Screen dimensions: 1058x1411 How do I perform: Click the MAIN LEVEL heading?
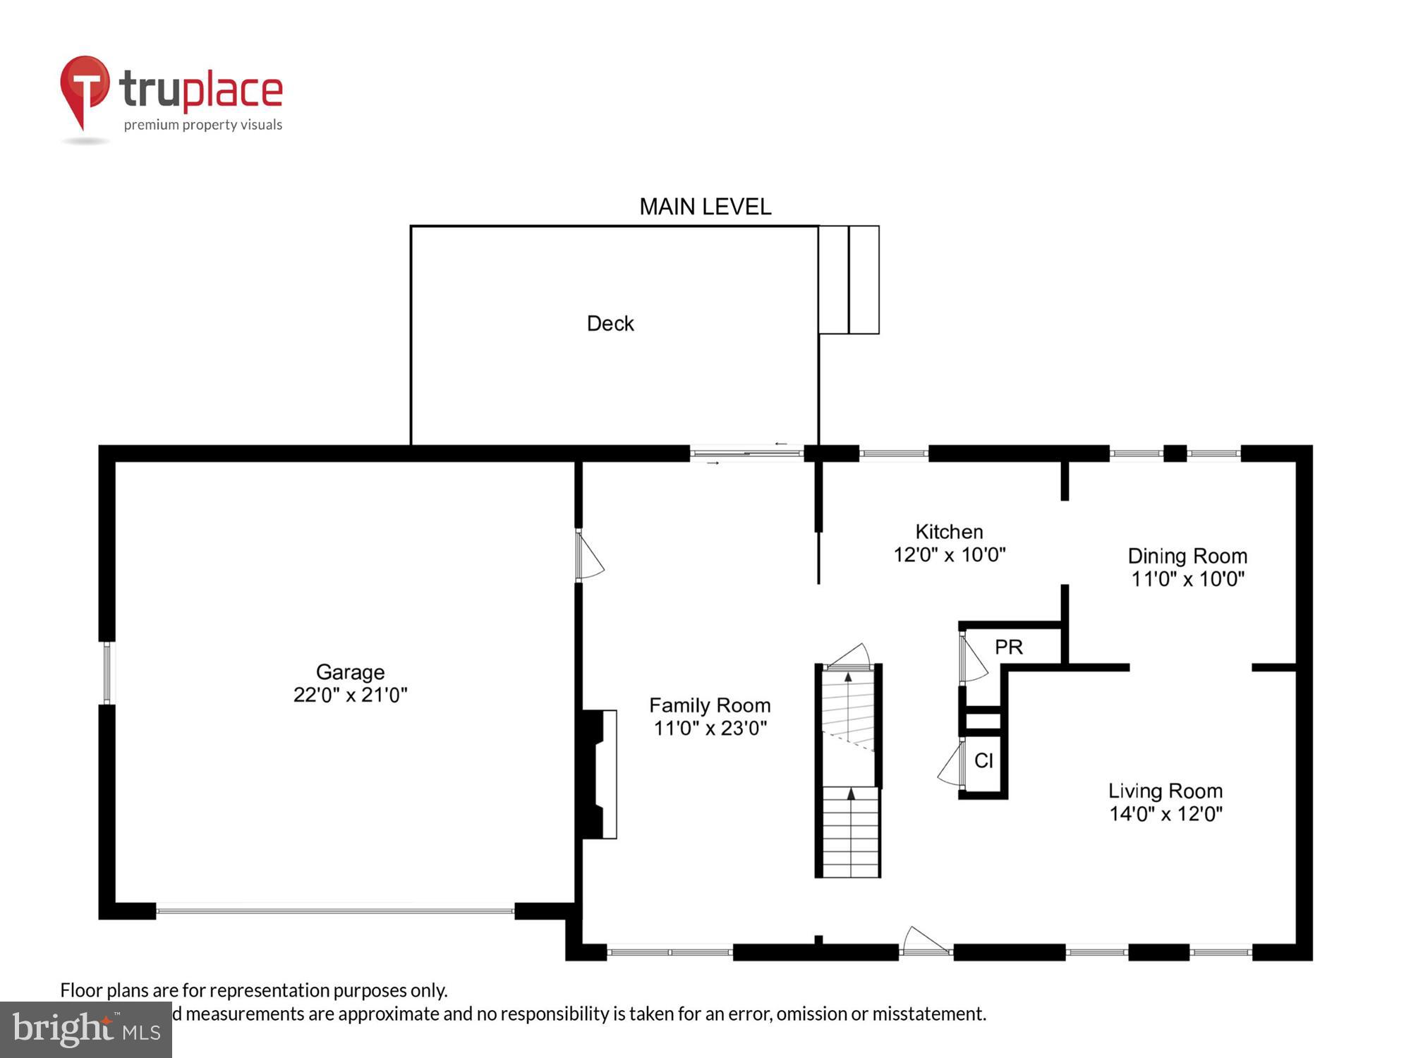[x=705, y=207]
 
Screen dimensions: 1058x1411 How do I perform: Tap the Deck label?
[x=610, y=324]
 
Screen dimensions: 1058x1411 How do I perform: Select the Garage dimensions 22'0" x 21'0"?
[x=350, y=695]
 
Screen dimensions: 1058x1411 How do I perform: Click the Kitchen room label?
[x=949, y=532]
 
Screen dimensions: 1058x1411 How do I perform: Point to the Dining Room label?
[x=1187, y=557]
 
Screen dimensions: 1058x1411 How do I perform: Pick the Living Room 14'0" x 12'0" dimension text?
[x=1165, y=814]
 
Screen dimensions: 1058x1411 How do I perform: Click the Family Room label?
[x=709, y=705]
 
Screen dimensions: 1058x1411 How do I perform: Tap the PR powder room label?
[x=1008, y=647]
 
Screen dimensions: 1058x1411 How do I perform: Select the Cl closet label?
[x=983, y=760]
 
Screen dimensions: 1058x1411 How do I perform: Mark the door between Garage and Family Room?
[x=588, y=556]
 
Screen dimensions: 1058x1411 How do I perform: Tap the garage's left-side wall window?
[x=107, y=672]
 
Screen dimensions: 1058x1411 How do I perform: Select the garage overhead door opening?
[x=335, y=911]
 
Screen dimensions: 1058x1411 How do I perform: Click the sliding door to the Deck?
[x=746, y=453]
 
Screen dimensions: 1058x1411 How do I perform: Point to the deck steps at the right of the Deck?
[x=849, y=280]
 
